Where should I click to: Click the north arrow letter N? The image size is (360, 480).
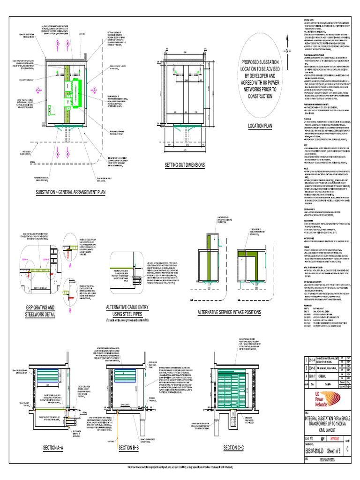tap(284, 50)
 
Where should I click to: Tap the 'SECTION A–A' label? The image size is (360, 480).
tap(56, 448)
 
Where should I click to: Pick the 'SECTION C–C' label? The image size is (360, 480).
tap(234, 448)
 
